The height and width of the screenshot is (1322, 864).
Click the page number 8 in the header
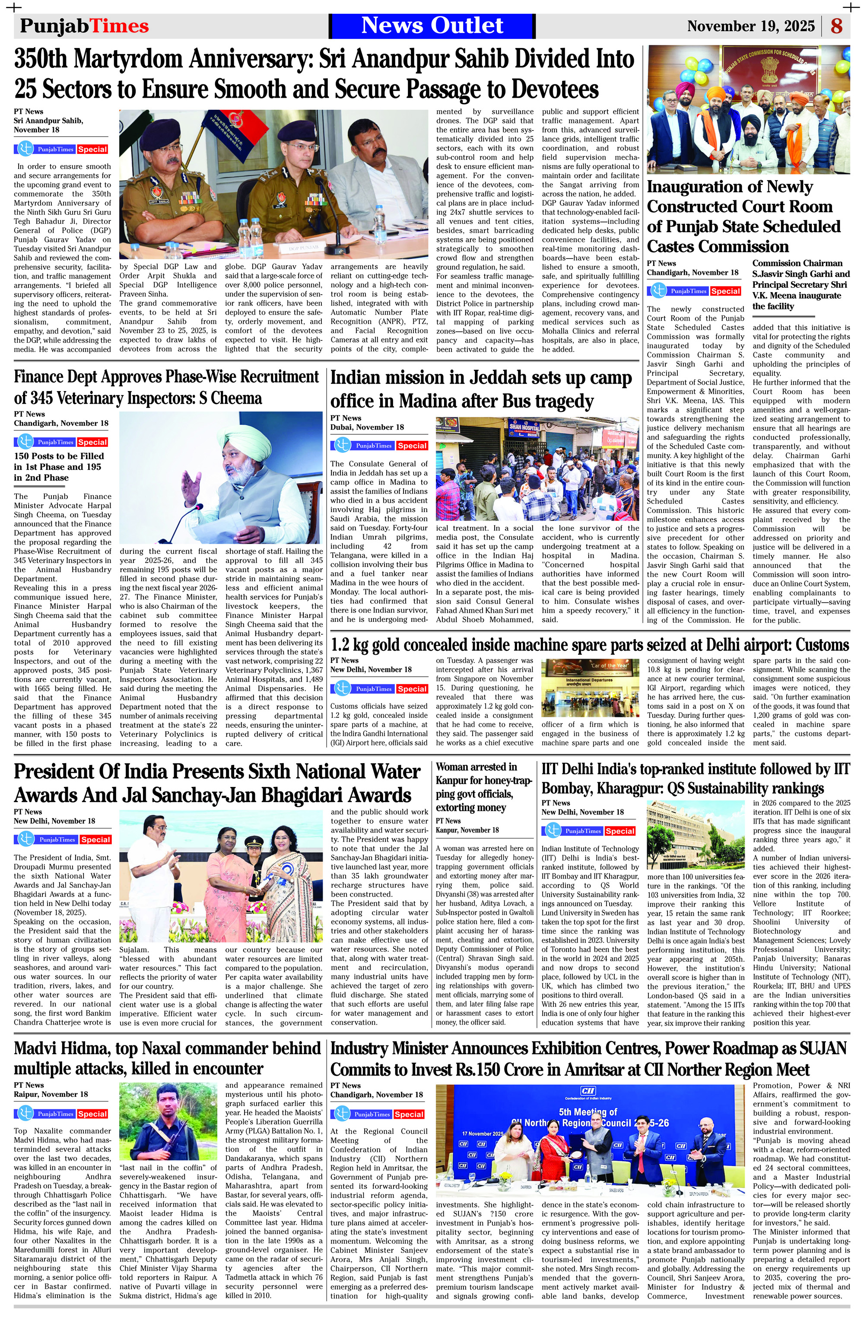(x=836, y=26)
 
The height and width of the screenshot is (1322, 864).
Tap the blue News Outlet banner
(x=432, y=25)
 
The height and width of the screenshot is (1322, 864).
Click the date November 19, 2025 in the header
(x=751, y=26)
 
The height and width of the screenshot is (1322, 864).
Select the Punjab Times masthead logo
(x=84, y=26)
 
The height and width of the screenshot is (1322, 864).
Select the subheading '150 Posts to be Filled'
(x=59, y=456)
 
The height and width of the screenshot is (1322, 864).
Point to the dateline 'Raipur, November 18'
(x=51, y=1095)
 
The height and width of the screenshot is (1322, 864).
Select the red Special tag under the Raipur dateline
(x=92, y=1114)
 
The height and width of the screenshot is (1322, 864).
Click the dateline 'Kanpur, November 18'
(x=467, y=830)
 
